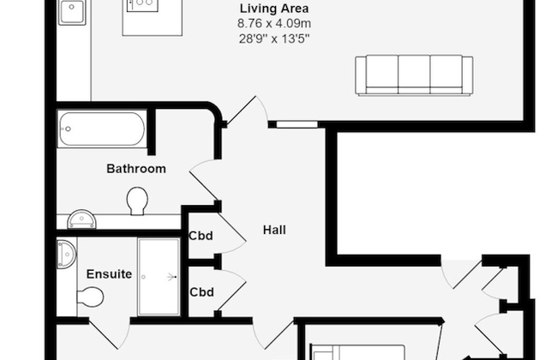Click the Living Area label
[273, 9]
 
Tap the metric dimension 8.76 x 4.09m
[273, 24]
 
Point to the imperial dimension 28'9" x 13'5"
[273, 39]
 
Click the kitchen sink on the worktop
[72, 12]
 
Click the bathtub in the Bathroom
[101, 131]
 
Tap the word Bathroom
[135, 169]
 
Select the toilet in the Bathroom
[137, 201]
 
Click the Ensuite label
[109, 274]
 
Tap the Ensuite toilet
[89, 297]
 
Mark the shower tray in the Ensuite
[159, 276]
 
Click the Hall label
[274, 230]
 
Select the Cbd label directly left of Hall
[201, 236]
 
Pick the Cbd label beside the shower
[201, 291]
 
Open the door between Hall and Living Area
[243, 111]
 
